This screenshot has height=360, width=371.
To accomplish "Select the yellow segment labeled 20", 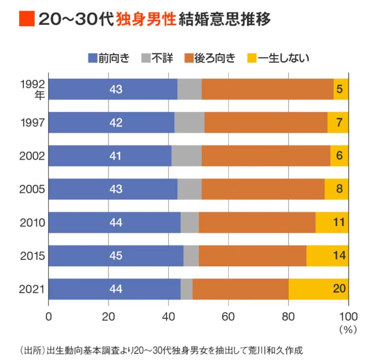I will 318,289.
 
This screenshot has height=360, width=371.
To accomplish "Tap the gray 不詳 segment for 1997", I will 189,122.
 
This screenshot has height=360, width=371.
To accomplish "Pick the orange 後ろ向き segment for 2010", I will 257,222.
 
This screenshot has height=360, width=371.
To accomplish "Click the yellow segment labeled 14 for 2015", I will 327,256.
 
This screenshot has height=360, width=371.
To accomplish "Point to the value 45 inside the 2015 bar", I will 116,256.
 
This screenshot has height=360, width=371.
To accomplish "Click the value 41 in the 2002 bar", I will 116,156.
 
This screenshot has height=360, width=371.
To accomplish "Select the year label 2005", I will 32,189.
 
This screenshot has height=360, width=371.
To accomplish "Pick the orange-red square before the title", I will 26,19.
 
